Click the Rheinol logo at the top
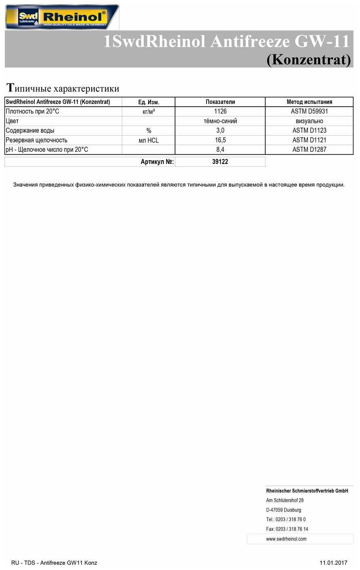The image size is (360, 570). click(62, 17)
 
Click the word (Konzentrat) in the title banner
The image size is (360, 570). click(309, 59)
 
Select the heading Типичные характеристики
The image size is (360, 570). click(63, 88)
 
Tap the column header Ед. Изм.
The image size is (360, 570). click(149, 102)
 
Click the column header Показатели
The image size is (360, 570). click(220, 102)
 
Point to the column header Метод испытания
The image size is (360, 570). click(309, 102)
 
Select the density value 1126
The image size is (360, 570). click(220, 111)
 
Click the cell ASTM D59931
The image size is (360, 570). click(309, 111)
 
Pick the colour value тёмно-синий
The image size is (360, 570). click(220, 121)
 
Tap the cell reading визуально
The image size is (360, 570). click(309, 121)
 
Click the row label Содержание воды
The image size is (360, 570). click(30, 131)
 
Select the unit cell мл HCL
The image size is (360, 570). click(149, 140)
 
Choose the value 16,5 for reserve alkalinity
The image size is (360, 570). click(220, 140)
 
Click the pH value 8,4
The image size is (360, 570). click(220, 150)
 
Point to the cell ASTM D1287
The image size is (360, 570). click(309, 150)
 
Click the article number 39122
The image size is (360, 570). click(220, 162)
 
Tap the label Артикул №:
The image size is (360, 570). click(157, 162)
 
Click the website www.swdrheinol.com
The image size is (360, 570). click(286, 539)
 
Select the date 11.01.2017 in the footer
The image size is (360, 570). click(333, 563)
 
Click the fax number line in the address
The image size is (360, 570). click(287, 529)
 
